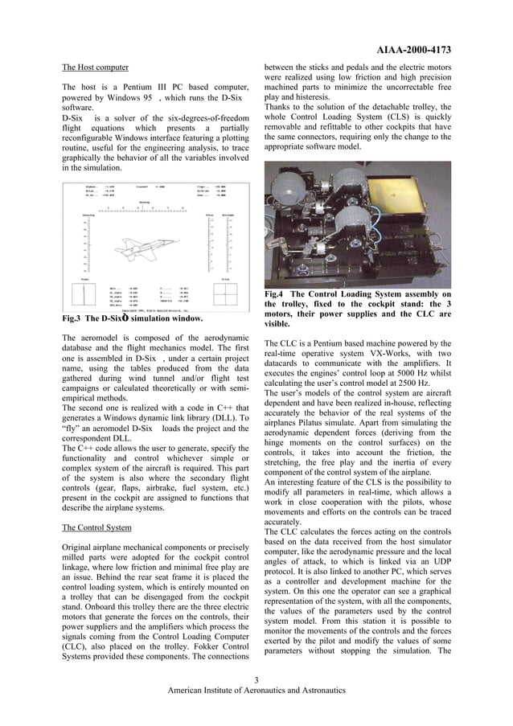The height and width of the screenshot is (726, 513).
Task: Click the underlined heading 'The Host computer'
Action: pyautogui.click(x=95, y=68)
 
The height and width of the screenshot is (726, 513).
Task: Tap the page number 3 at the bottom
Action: pyautogui.click(x=256, y=680)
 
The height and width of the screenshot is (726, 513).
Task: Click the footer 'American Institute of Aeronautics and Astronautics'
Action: pyautogui.click(x=256, y=691)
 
